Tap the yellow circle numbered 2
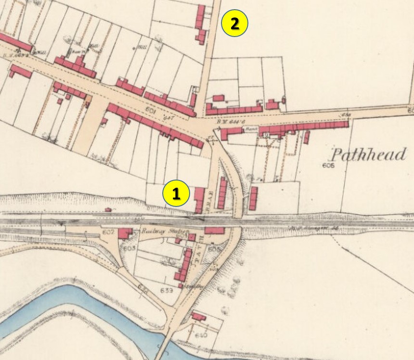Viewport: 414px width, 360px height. point(234,24)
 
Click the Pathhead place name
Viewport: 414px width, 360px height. point(368,154)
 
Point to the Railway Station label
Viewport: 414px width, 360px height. point(159,231)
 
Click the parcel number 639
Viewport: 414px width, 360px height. point(166,290)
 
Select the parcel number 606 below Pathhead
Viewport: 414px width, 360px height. point(329,166)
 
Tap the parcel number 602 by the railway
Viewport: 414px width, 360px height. point(108,233)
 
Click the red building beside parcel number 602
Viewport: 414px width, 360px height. point(125,234)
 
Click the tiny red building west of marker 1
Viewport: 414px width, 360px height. point(108,210)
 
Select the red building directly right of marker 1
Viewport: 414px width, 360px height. point(199,199)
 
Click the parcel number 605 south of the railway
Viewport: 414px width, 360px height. point(214,249)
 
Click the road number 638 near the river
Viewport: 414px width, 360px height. point(143,287)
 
